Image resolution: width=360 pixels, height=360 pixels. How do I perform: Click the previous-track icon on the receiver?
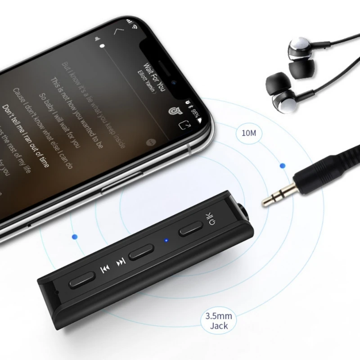click(104, 270)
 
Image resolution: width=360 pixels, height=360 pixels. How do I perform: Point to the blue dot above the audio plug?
click(282, 166)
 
